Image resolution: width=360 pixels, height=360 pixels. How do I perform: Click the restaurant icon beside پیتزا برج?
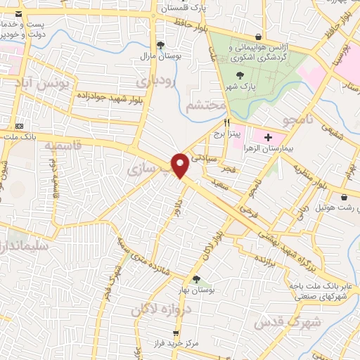pos(227,122)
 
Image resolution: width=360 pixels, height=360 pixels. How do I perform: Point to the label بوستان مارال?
pos(155,55)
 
